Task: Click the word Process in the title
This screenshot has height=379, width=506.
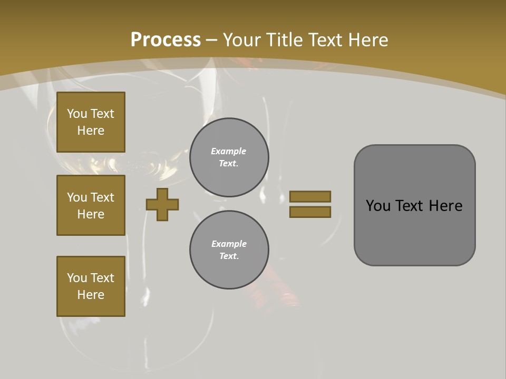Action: click(166, 40)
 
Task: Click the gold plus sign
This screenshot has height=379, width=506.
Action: click(162, 204)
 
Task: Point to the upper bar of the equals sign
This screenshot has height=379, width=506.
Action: click(310, 196)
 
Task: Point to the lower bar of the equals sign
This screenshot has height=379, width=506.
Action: click(310, 212)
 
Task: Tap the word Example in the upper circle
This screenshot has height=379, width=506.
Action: click(229, 151)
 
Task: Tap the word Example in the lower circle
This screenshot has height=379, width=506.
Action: click(229, 244)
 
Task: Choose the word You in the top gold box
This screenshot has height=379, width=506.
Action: click(77, 114)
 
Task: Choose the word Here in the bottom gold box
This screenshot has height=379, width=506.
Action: click(91, 295)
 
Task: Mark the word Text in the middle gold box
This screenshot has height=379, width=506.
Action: click(103, 197)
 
